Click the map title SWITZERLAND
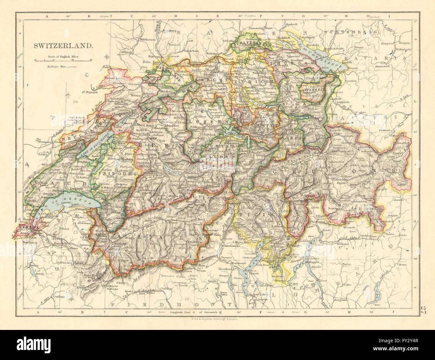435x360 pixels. [x=63, y=46]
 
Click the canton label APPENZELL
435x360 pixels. [x=311, y=90]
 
